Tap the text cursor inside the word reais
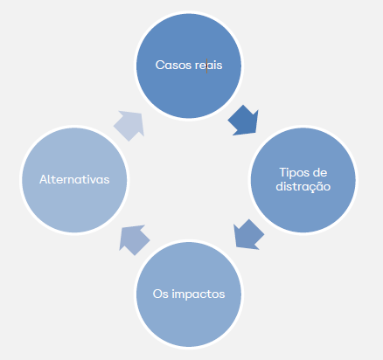pyautogui.click(x=206, y=66)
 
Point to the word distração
pyautogui.click(x=303, y=186)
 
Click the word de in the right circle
pyautogui.click(x=319, y=172)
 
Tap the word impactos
pyautogui.click(x=198, y=294)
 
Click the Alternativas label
pyautogui.click(x=74, y=179)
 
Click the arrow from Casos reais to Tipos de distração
pyautogui.click(x=244, y=121)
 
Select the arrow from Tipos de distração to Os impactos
pyautogui.click(x=248, y=235)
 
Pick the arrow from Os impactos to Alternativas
pyautogui.click(x=134, y=240)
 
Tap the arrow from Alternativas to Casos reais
pyautogui.click(x=129, y=126)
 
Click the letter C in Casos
pyautogui.click(x=160, y=65)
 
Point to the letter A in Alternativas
pyautogui.click(x=44, y=179)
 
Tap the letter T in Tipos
pyautogui.click(x=283, y=172)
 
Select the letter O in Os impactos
pyautogui.click(x=157, y=294)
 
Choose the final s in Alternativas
pyautogui.click(x=107, y=181)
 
